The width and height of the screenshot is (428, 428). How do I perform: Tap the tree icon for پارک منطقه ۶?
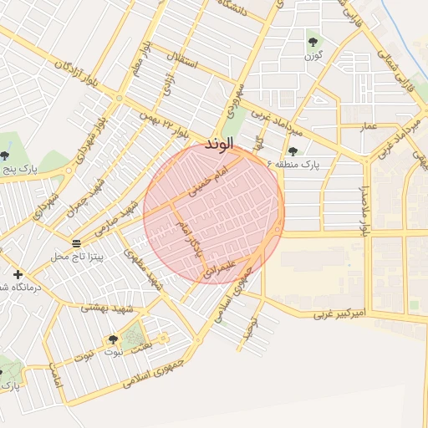pyautogui.click(x=293, y=150)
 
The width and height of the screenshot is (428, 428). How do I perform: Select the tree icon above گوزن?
pyautogui.click(x=313, y=40)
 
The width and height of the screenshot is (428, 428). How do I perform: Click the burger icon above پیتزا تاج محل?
pyautogui.click(x=76, y=243)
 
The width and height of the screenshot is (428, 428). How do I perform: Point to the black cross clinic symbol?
pyautogui.click(x=18, y=274)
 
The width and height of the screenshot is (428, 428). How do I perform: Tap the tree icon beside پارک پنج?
pyautogui.click(x=5, y=155)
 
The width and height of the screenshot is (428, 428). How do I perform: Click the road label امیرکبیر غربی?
pyautogui.click(x=341, y=315)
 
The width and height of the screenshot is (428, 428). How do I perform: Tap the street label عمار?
pyautogui.click(x=368, y=126)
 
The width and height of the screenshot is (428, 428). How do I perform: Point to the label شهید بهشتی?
pyautogui.click(x=107, y=308)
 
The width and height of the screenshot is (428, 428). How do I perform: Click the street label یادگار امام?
pyautogui.click(x=190, y=237)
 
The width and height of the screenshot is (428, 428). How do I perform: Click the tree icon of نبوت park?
pyautogui.click(x=113, y=339)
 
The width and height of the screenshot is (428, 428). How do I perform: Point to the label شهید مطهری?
pyautogui.click(x=141, y=269)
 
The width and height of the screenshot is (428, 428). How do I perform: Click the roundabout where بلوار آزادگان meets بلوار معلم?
pyautogui.click(x=119, y=98)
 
